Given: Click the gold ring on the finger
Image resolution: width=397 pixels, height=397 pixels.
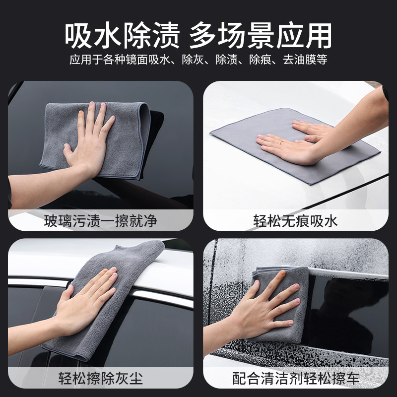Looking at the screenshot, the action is pos(281,142).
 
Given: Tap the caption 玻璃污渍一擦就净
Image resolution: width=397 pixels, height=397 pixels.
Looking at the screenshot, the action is pos(101,221).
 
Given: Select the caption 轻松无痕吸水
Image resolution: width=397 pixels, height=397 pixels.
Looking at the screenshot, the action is pos(295,221).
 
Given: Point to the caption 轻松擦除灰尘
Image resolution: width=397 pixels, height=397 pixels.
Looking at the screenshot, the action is pos(101,378).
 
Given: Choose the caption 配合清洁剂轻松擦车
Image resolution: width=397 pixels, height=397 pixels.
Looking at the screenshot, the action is pos(296,378).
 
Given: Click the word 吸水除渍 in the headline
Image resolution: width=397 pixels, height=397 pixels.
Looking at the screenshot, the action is pos(122,35).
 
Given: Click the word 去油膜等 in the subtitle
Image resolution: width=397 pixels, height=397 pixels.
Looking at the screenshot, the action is pos(305,60).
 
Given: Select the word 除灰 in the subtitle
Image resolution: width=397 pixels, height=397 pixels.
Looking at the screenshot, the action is pos(193,60).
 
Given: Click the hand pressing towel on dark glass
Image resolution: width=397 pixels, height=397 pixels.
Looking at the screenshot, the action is pos(89,142).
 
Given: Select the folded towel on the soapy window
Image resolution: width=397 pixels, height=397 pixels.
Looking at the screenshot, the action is pos(281,304).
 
